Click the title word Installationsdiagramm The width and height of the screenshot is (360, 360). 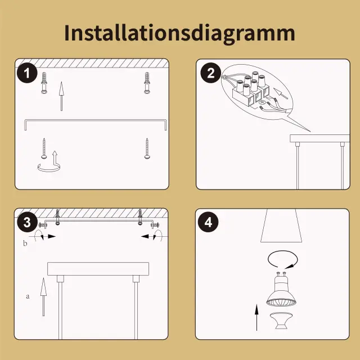[x=179, y=33]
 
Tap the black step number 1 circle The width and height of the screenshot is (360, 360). [x=27, y=73]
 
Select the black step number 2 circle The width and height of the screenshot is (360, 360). [x=211, y=73]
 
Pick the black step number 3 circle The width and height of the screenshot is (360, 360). [x=27, y=222]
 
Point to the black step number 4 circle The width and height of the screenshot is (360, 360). [x=208, y=222]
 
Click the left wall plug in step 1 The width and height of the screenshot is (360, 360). [x=44, y=83]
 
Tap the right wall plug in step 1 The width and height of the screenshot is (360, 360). [x=147, y=83]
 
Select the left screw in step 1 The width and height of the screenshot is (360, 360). [x=44, y=148]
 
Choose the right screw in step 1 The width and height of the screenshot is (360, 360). [x=147, y=148]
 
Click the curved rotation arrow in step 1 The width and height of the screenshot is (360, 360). [x=49, y=170]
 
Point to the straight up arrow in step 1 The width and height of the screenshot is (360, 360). [x=61, y=96]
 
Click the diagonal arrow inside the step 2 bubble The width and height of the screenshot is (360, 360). [x=281, y=93]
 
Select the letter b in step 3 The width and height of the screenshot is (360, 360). [x=25, y=243]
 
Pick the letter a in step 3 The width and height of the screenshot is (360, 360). [x=28, y=296]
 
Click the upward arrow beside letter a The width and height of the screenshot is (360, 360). [x=43, y=297]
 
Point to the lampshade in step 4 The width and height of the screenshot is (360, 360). [x=281, y=226]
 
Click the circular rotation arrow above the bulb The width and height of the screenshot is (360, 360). [x=283, y=259]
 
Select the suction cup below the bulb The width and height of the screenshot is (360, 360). [x=281, y=321]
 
